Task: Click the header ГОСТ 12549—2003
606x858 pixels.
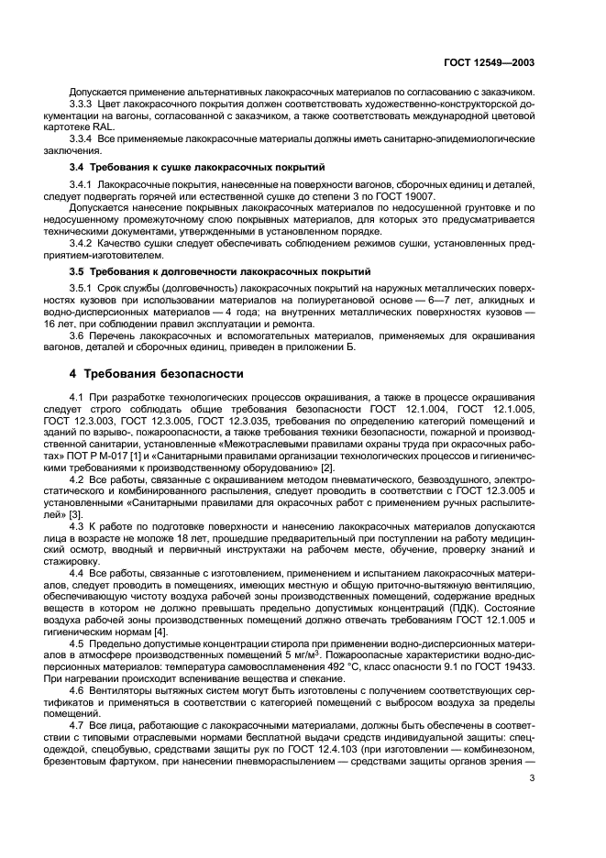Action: (486, 64)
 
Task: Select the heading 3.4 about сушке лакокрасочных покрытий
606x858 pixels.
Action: (195, 168)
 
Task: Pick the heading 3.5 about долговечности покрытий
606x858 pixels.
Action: (220, 272)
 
